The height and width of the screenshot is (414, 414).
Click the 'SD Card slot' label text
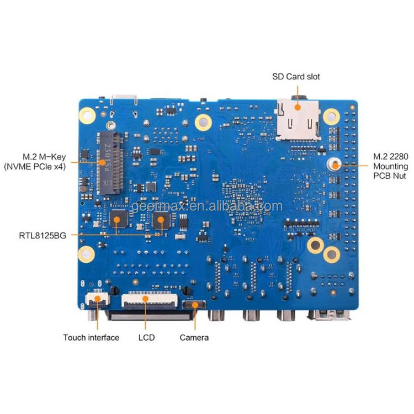point(296,77)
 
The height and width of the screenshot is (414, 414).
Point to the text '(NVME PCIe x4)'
point(34,166)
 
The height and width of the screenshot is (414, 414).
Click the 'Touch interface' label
point(91,337)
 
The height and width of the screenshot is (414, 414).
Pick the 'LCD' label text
point(146,337)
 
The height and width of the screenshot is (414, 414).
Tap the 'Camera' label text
point(194,337)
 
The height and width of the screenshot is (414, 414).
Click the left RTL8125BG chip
point(118,219)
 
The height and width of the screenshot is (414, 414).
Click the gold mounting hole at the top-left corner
point(87,116)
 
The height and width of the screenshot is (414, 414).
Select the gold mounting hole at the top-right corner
point(331,115)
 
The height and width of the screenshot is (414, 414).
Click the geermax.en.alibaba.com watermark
point(206,207)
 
